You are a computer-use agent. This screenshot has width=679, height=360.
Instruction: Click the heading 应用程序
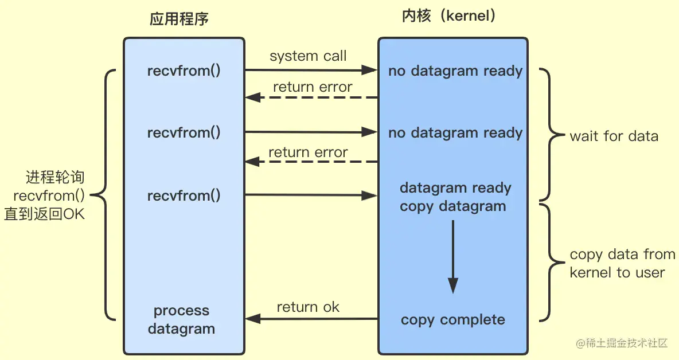pos(179,19)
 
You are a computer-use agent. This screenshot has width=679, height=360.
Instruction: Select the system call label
pos(308,56)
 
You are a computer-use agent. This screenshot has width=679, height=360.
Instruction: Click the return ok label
pos(308,307)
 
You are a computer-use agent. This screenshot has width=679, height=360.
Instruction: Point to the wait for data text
pos(614,136)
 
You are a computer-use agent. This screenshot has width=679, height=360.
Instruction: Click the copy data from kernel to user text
pos(622,263)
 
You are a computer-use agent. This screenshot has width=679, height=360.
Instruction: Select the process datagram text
pos(181,320)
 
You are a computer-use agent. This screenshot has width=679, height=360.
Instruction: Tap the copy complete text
pos(453,320)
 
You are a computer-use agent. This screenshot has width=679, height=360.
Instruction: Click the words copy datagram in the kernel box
pos(453,206)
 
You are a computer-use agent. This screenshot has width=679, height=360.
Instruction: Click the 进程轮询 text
pos(55,177)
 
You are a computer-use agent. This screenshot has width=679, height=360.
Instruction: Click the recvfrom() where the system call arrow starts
pos(184,71)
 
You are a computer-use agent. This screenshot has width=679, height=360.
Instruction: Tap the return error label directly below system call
pos(313,87)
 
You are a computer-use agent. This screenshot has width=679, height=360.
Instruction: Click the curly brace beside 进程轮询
pos(106,195)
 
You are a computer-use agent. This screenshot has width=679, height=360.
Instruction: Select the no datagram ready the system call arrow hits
pos(455,71)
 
